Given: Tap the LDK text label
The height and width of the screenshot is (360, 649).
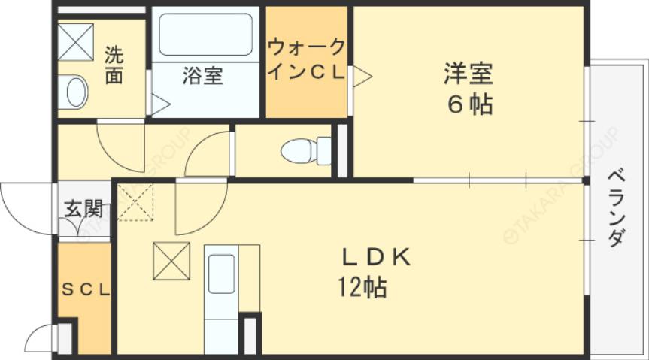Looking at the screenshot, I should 376,258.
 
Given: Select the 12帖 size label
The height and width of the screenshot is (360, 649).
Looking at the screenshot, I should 362,286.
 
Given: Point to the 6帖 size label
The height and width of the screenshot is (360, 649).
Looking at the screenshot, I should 471,104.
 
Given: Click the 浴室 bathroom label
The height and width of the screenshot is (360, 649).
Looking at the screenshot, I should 203,77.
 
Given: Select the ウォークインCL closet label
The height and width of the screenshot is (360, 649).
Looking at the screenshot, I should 306,59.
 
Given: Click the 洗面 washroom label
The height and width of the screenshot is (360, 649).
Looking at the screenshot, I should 114,65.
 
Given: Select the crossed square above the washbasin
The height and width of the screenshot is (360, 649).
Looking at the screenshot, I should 76,42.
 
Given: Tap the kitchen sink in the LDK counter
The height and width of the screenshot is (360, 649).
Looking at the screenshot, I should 222,274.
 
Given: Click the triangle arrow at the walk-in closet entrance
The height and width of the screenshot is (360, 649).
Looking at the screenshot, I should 361,74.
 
